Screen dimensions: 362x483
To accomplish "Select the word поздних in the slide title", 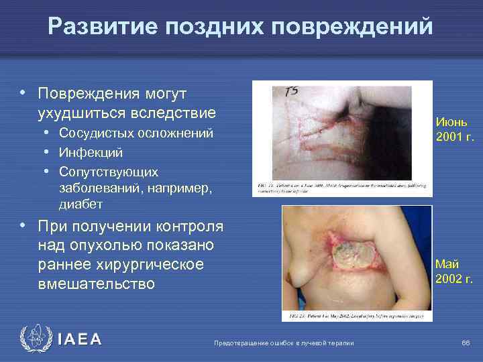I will click(x=216, y=26).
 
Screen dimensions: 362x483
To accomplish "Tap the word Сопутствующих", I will click(x=109, y=172).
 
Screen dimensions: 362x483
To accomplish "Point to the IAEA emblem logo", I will click(x=34, y=339).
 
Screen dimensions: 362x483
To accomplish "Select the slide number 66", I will click(x=466, y=343).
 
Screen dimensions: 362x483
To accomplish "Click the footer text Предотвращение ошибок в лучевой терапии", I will click(x=283, y=343).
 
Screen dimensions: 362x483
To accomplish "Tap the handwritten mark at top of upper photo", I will click(x=292, y=91).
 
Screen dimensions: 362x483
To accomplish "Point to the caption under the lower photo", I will click(x=354, y=314).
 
